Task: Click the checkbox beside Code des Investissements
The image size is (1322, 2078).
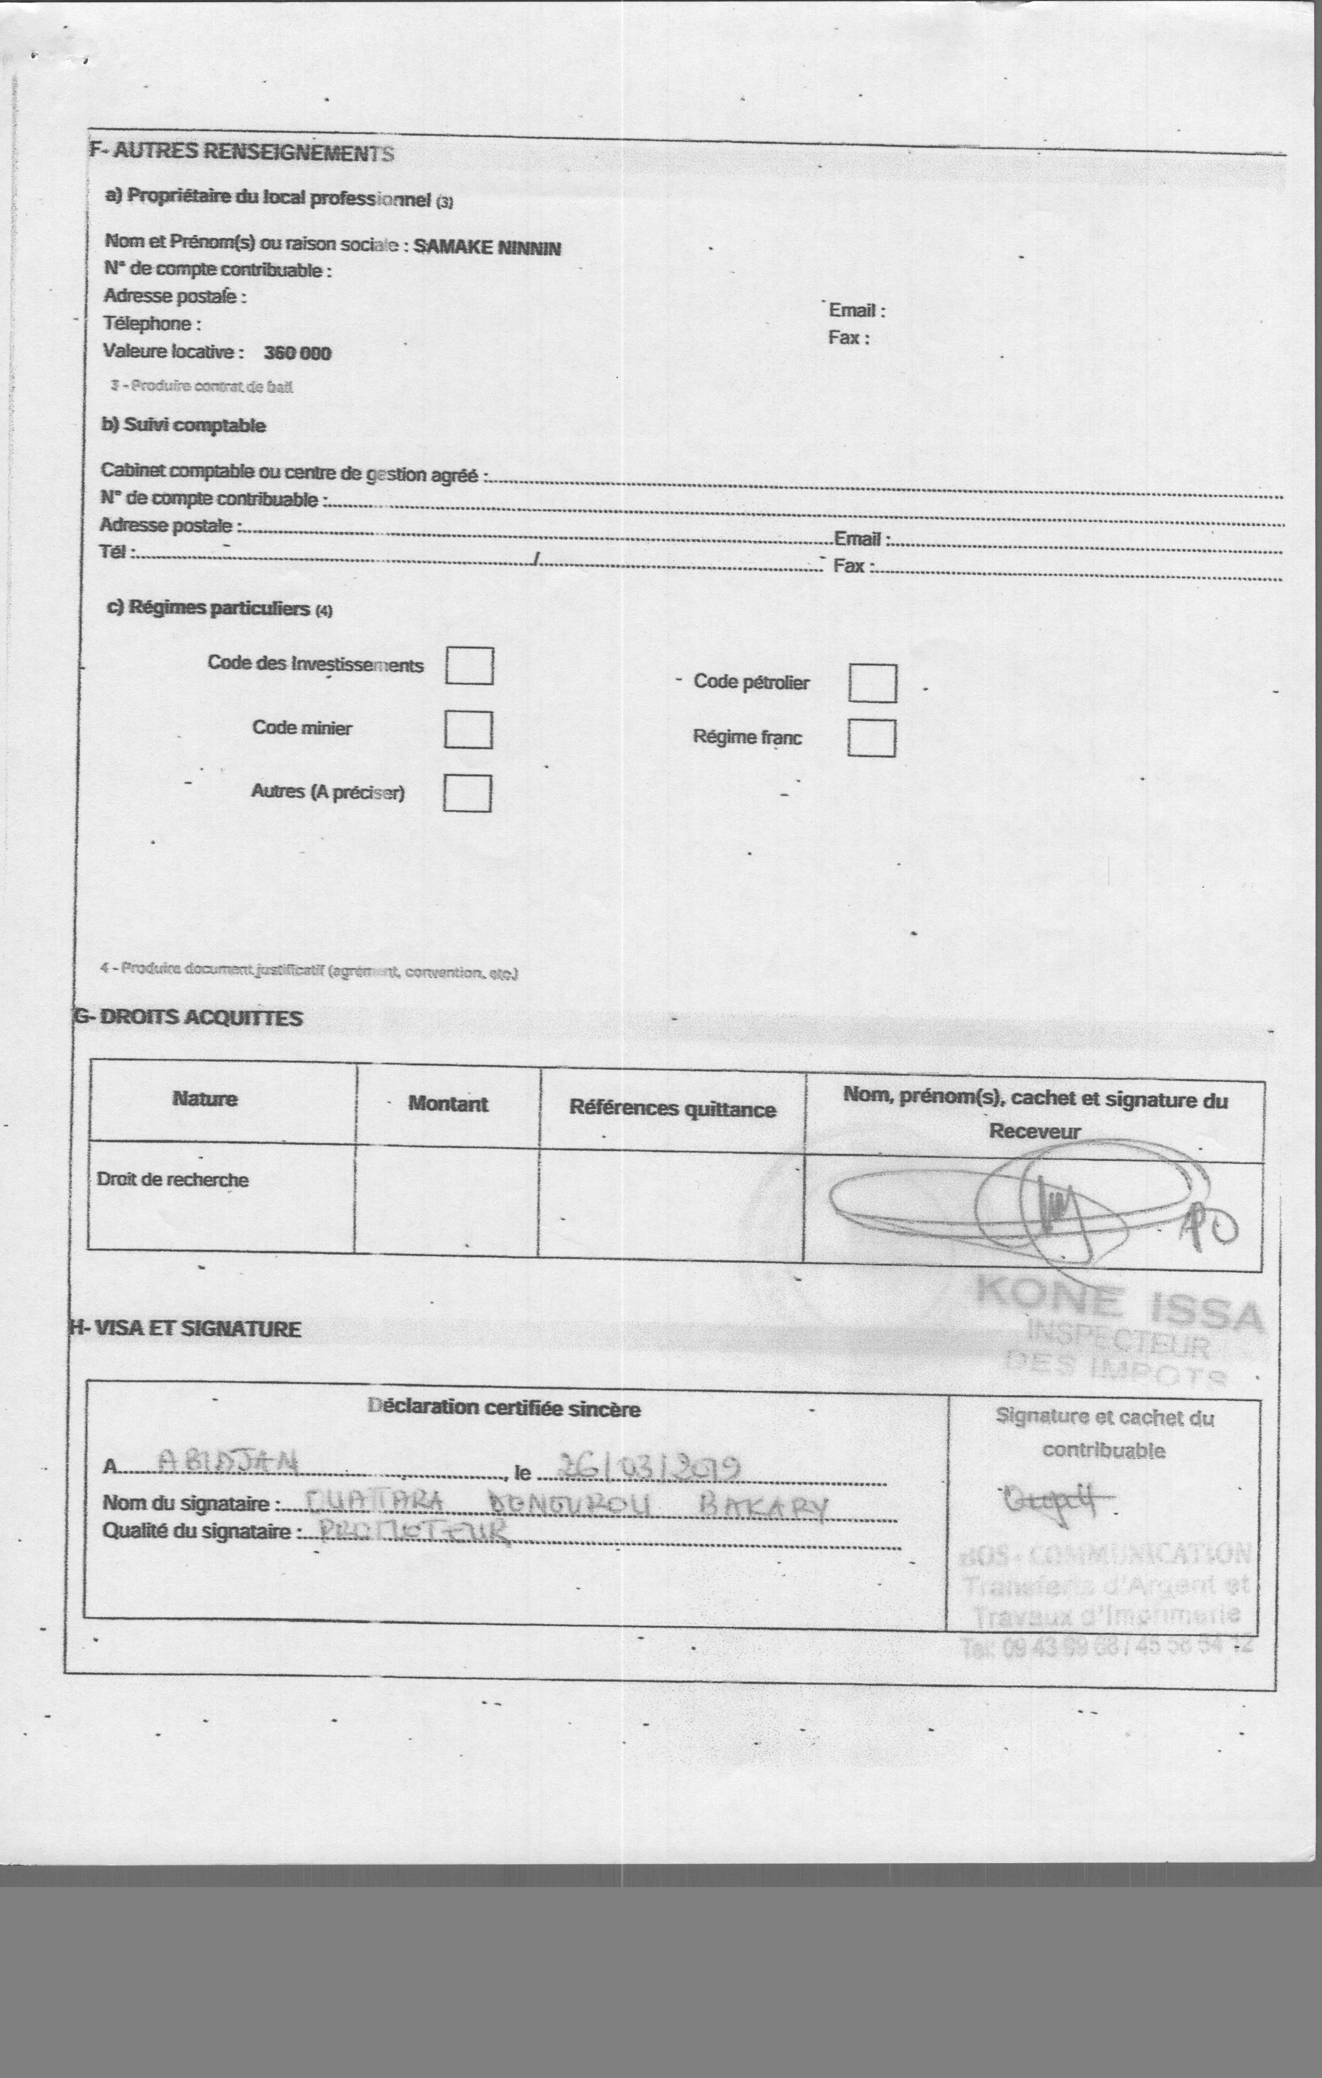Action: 470,666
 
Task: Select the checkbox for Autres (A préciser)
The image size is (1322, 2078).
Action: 467,794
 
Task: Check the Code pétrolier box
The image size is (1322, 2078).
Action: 873,684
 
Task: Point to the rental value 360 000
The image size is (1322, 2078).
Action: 297,353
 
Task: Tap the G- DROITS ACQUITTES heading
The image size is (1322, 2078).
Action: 188,1018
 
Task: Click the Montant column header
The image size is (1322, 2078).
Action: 448,1104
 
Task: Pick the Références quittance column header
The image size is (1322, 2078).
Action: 672,1109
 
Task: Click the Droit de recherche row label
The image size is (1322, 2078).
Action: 173,1180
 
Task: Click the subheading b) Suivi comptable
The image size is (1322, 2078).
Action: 184,426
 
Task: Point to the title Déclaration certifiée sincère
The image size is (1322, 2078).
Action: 503,1408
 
